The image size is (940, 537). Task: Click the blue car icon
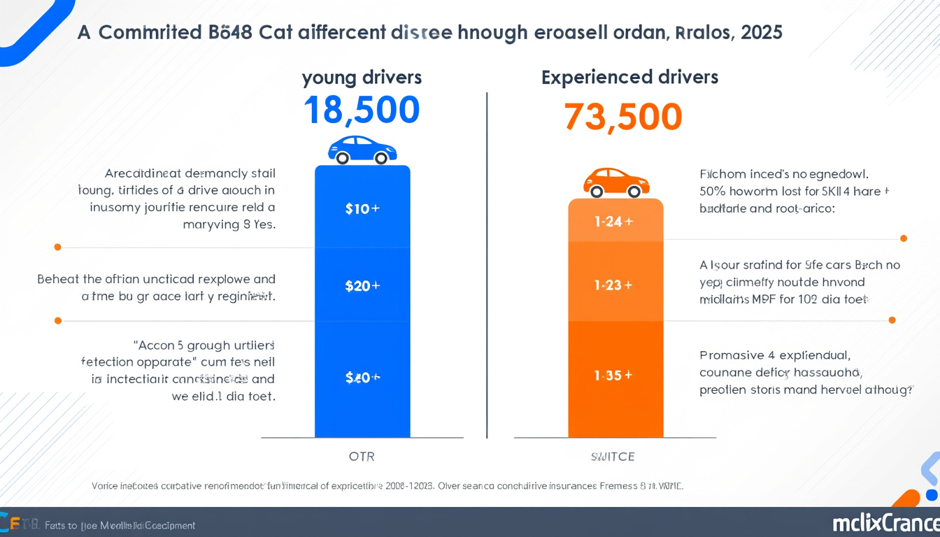click(362, 150)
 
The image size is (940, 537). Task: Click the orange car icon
click(616, 182)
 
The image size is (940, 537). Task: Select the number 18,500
click(362, 110)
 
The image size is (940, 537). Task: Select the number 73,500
click(622, 117)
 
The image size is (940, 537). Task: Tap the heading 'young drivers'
click(362, 78)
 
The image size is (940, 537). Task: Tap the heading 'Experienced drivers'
click(629, 78)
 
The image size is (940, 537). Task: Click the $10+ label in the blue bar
click(362, 208)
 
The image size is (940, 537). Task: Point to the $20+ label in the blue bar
click(362, 285)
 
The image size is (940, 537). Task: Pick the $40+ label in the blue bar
click(362, 378)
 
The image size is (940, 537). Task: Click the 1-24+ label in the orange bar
click(613, 222)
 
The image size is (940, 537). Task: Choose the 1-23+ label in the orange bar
click(613, 285)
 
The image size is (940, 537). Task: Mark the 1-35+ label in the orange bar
click(613, 375)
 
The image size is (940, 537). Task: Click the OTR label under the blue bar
click(362, 457)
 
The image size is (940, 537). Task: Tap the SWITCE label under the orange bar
click(613, 457)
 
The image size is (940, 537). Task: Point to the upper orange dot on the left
click(57, 247)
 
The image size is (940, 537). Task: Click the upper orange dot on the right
click(904, 238)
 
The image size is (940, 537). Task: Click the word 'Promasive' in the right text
click(729, 355)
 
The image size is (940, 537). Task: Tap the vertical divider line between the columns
click(487, 266)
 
